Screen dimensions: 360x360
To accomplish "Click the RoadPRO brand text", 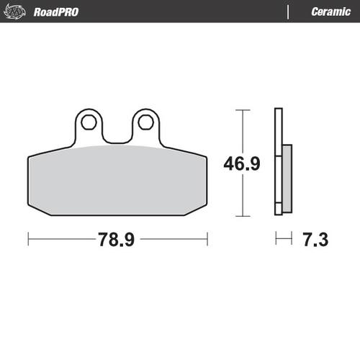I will coord(56,12).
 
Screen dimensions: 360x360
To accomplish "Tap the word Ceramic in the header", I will coord(330,12).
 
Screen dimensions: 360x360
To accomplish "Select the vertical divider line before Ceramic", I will coord(288,12).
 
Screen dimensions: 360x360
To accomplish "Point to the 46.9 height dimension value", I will coord(240,163).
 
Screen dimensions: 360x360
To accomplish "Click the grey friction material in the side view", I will coord(287,179).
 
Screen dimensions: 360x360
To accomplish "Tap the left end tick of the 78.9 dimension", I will coord(28,238).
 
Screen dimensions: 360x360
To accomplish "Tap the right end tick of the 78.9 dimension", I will coord(207,238).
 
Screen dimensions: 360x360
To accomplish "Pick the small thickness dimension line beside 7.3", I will coord(284,238).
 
